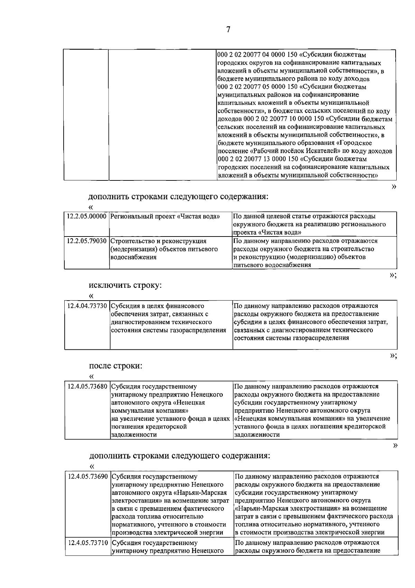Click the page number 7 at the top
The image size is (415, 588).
[228, 30]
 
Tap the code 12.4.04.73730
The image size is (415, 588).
[87, 306]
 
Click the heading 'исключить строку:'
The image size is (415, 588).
[126, 286]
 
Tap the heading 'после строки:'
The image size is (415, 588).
[116, 366]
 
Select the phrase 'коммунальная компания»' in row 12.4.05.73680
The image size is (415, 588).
[149, 411]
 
